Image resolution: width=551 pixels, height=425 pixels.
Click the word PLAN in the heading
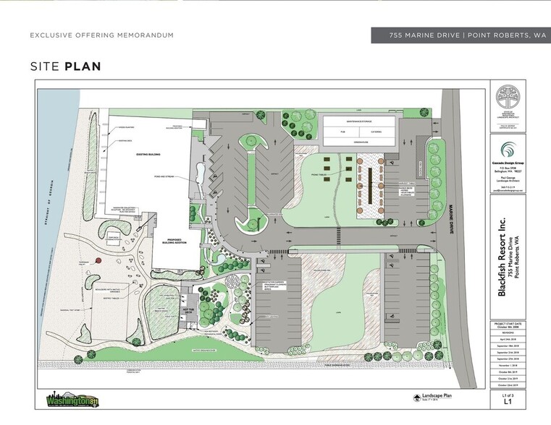pos(83,67)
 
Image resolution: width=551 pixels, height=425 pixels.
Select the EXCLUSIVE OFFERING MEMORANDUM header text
pos(101,35)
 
